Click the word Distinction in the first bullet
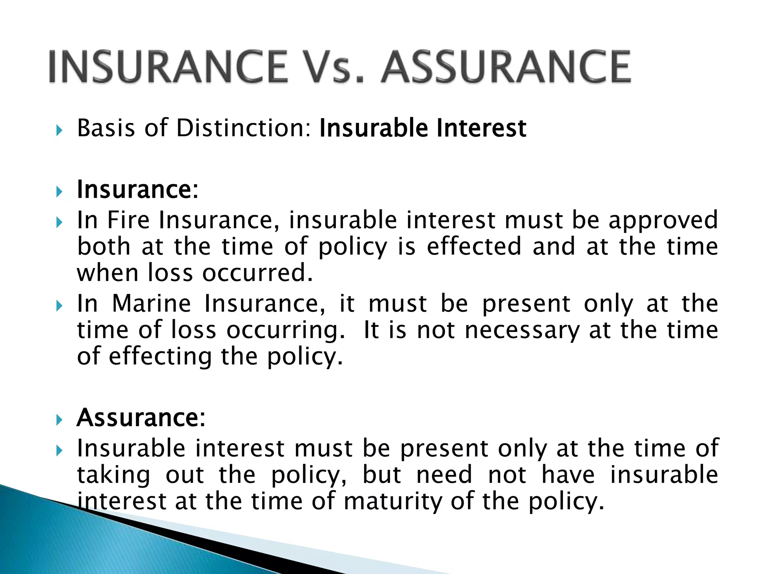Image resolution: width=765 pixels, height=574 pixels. (243, 128)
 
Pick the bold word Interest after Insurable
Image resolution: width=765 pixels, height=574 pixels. (481, 128)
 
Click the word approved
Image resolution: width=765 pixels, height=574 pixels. (663, 220)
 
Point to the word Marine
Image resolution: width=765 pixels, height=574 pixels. (151, 303)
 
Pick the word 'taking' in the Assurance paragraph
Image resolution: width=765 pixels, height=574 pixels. (114, 475)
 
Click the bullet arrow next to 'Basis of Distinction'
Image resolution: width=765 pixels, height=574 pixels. (59, 130)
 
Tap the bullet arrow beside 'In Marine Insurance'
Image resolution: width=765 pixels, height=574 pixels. (59, 306)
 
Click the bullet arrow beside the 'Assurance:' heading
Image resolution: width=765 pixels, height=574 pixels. (59, 420)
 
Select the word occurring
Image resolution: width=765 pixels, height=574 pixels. (286, 330)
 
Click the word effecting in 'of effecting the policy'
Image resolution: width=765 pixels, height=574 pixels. (160, 357)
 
